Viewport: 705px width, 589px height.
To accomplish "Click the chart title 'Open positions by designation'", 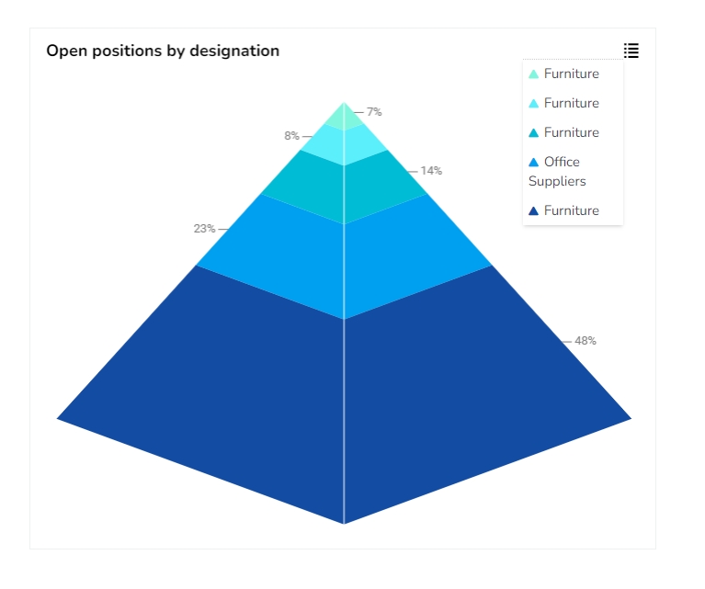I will [163, 51].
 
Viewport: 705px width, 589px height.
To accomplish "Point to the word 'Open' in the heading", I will [64, 51].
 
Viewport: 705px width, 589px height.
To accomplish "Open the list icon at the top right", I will [631, 51].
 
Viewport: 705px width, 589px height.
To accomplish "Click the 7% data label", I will [374, 112].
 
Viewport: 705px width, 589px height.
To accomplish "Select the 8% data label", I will [291, 136].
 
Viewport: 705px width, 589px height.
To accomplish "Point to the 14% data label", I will [431, 171].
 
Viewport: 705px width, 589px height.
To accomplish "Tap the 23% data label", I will [204, 229].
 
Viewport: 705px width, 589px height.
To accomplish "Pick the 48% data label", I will [586, 341].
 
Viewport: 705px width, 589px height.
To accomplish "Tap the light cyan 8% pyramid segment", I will [344, 144].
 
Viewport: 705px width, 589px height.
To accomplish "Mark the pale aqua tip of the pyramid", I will [344, 118].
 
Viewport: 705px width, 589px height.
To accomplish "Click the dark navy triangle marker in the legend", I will [533, 211].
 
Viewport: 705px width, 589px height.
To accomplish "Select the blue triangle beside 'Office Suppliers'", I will [533, 163].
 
